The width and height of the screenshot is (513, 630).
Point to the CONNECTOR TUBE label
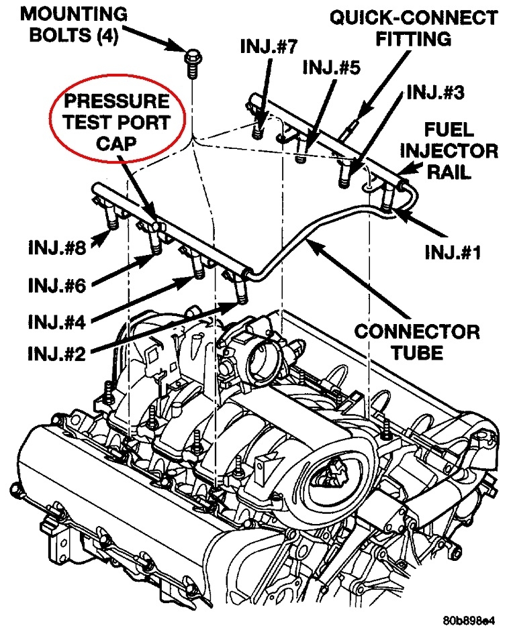417,342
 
